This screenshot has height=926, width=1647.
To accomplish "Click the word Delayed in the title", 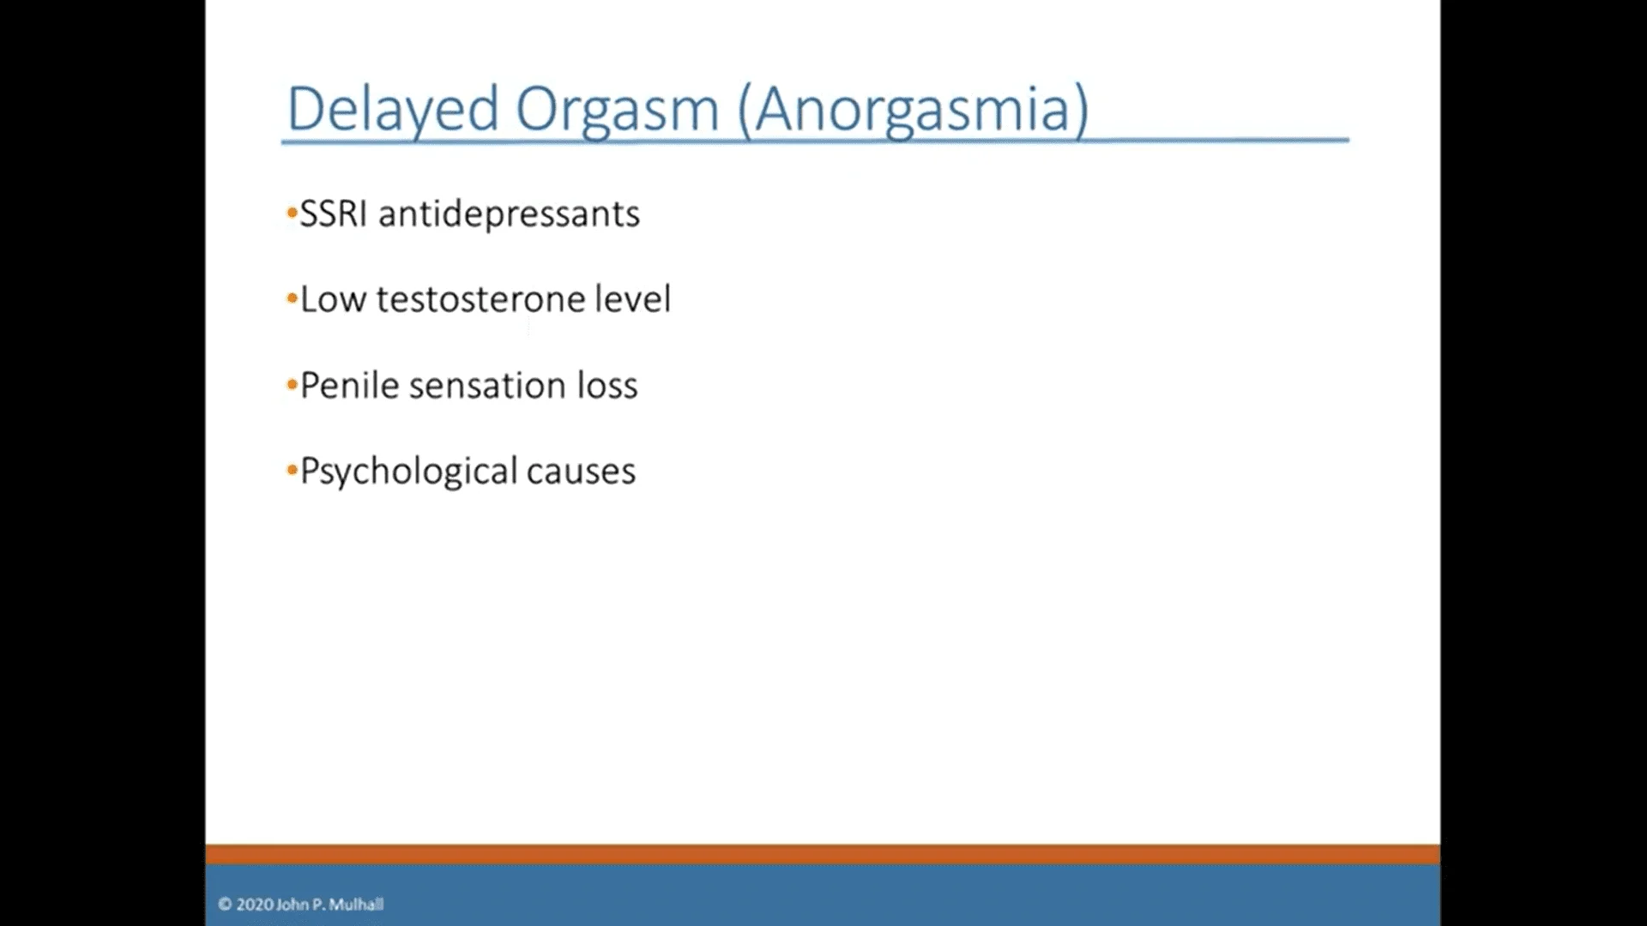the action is [x=393, y=110].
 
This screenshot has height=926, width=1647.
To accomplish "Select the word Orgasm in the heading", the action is [x=617, y=110].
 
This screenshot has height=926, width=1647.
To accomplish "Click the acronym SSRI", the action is [x=334, y=213].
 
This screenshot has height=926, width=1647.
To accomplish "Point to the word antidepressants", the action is [x=509, y=214].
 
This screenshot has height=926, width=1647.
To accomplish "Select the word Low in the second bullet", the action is [x=333, y=299].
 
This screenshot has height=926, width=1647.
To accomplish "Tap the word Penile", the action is [x=349, y=386].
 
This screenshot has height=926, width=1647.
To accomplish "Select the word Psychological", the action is [x=408, y=472].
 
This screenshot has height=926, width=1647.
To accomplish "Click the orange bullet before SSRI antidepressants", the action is [x=292, y=213].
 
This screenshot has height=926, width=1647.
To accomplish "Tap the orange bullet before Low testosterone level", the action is [x=292, y=298].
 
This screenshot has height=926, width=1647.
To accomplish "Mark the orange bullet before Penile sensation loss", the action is [x=292, y=384].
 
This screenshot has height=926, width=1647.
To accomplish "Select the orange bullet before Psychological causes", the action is [x=292, y=470].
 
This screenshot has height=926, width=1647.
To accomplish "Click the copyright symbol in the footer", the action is [x=225, y=904].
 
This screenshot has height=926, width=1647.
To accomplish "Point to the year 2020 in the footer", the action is [x=255, y=904].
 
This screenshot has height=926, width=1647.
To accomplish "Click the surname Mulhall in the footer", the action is [x=356, y=904].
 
